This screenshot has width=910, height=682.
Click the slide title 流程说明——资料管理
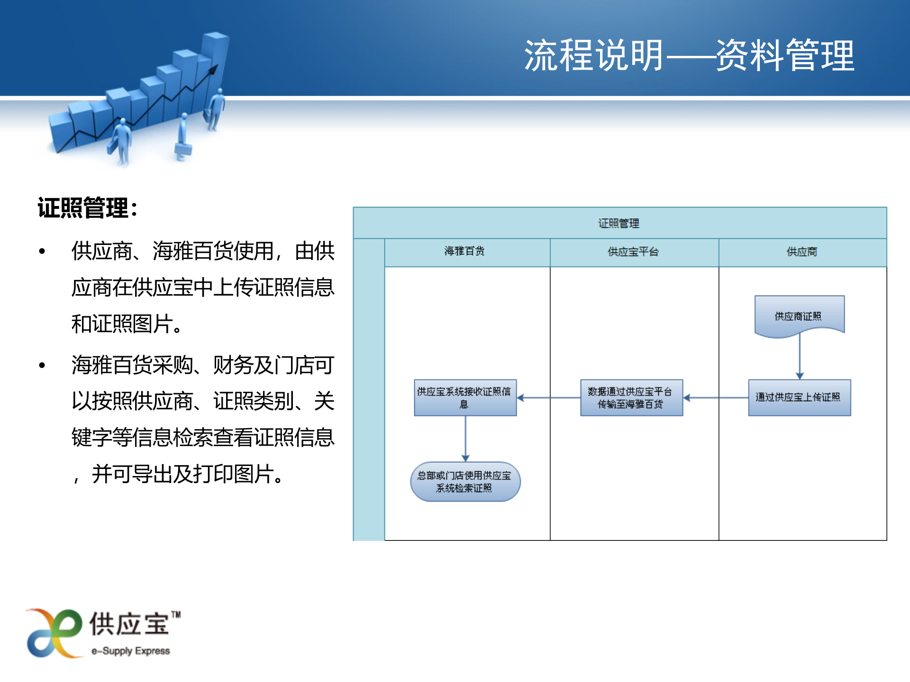(x=689, y=56)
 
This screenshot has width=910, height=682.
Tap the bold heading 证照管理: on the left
(x=88, y=208)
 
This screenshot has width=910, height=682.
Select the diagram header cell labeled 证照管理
(x=619, y=223)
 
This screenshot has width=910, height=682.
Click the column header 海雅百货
(x=464, y=251)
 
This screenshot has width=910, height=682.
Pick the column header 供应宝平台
(x=633, y=251)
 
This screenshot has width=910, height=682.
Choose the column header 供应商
(x=802, y=251)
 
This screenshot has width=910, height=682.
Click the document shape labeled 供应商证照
(x=799, y=315)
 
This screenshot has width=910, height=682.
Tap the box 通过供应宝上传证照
(x=799, y=397)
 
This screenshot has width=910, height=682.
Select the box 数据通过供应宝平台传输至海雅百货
(x=631, y=397)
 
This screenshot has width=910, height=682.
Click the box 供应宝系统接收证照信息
(x=465, y=397)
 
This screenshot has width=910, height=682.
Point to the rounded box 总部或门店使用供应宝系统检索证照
(x=465, y=481)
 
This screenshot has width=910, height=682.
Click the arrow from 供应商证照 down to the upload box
(x=800, y=355)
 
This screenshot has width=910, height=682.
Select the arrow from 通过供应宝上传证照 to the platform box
(x=716, y=398)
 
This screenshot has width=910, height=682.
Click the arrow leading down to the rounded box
(x=465, y=439)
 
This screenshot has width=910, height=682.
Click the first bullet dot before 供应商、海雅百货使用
(x=42, y=251)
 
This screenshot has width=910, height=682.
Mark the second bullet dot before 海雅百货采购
(x=42, y=365)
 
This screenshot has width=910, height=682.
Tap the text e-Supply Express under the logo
(x=131, y=651)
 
